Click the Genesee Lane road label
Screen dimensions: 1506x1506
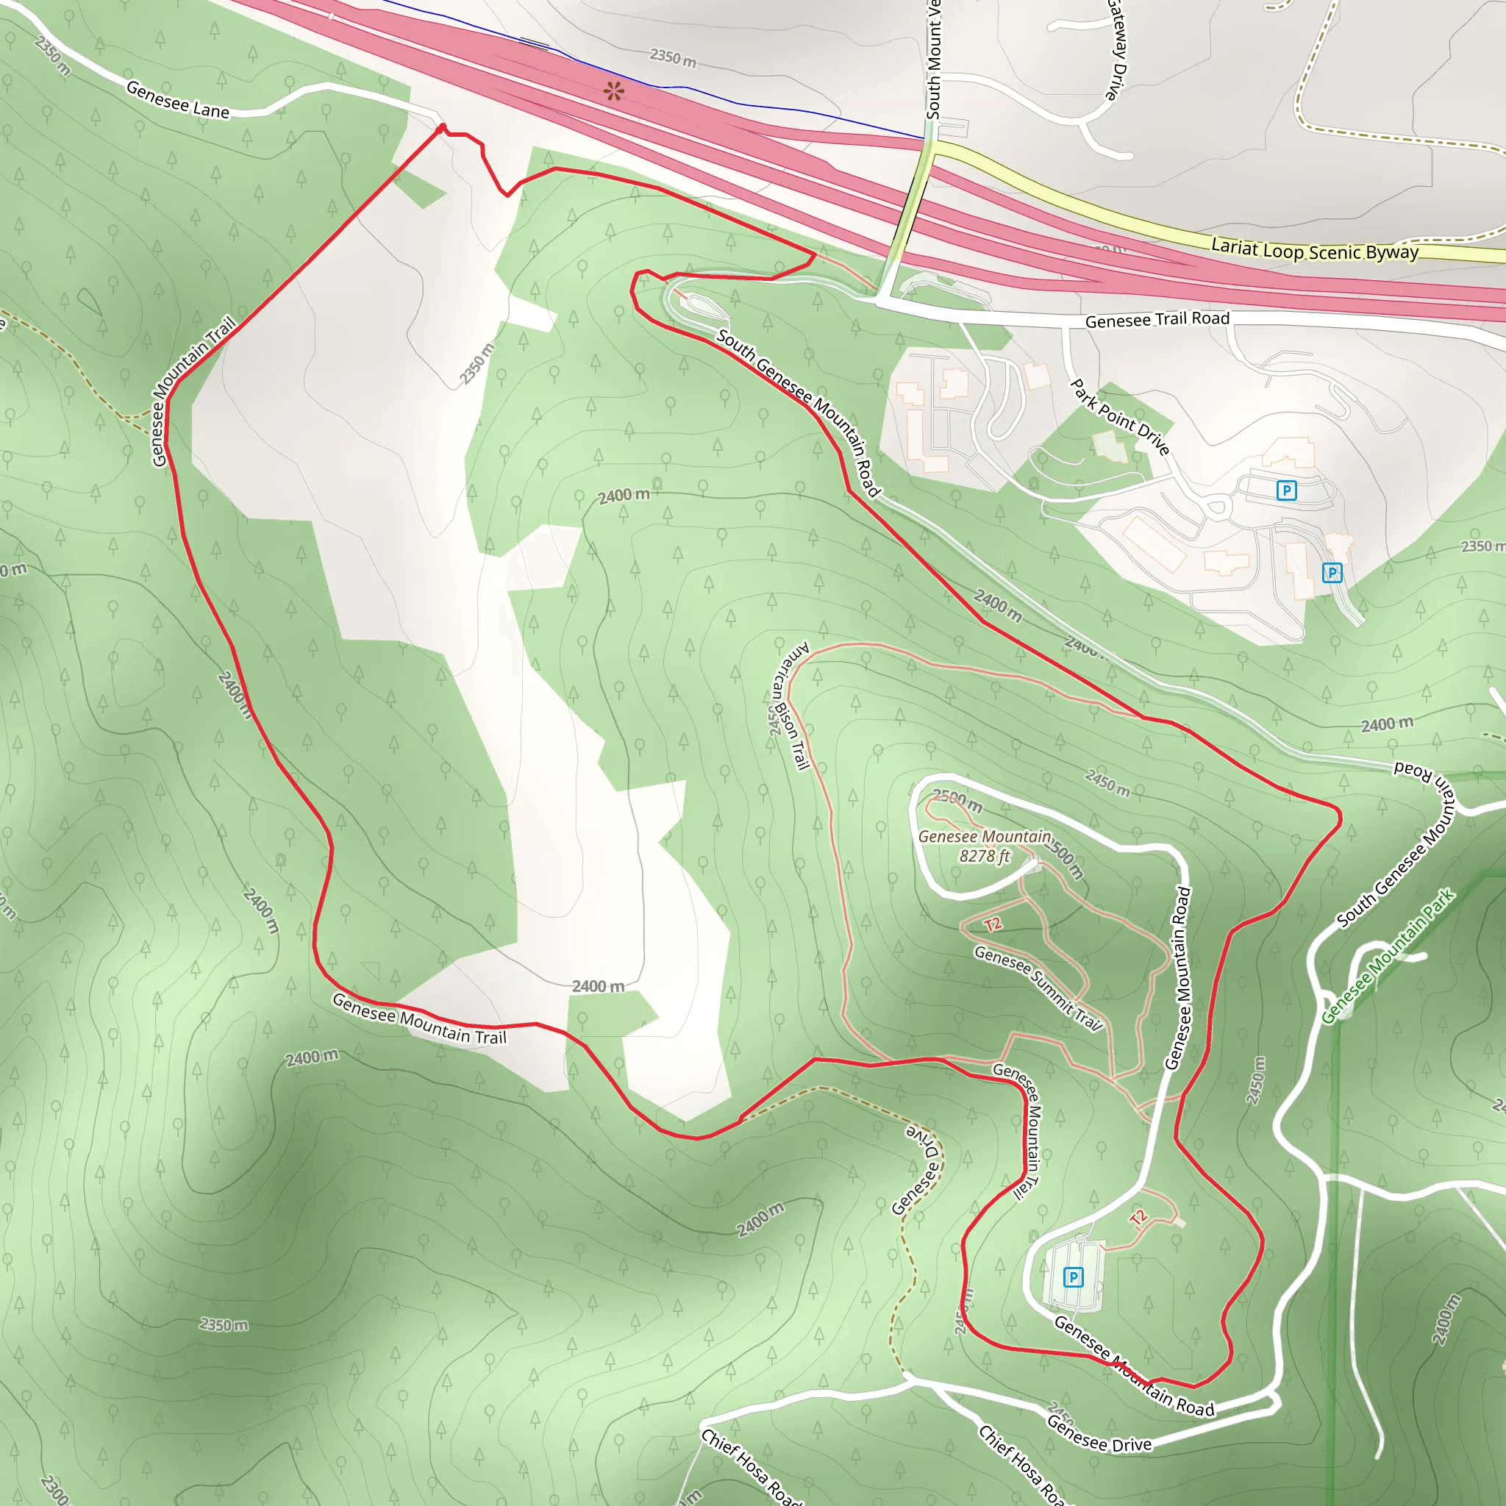tap(178, 101)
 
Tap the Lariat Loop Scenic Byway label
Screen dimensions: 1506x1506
tap(1314, 250)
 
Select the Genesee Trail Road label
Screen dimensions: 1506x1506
tap(1157, 320)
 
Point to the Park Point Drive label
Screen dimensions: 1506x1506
tap(1119, 417)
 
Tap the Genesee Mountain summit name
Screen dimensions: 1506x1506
tap(985, 836)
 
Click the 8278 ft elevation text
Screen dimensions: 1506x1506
tap(984, 856)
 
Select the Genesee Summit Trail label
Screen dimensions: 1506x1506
tap(1038, 988)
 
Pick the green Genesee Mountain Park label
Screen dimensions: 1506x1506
tap(1388, 956)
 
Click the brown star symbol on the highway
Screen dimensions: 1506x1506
tap(614, 91)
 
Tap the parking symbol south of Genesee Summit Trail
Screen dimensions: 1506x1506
tap(1074, 1277)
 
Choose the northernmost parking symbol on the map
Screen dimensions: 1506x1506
tap(1286, 490)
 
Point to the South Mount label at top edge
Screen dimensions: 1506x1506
tap(934, 60)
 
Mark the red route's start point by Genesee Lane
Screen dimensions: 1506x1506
tap(442, 128)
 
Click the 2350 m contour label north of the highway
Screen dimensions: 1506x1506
tap(673, 57)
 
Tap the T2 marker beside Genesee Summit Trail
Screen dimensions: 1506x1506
tap(992, 924)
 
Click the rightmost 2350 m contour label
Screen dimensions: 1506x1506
tap(1482, 546)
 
